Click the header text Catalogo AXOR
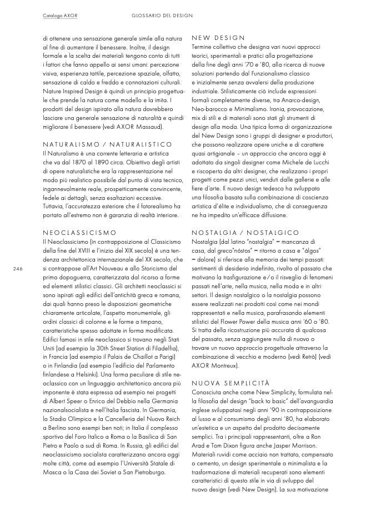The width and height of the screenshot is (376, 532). pyautogui.click(x=60, y=16)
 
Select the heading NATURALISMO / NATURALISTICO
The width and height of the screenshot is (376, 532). pyautogui.click(x=107, y=144)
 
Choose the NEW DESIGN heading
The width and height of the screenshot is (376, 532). pyautogui.click(x=214, y=38)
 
